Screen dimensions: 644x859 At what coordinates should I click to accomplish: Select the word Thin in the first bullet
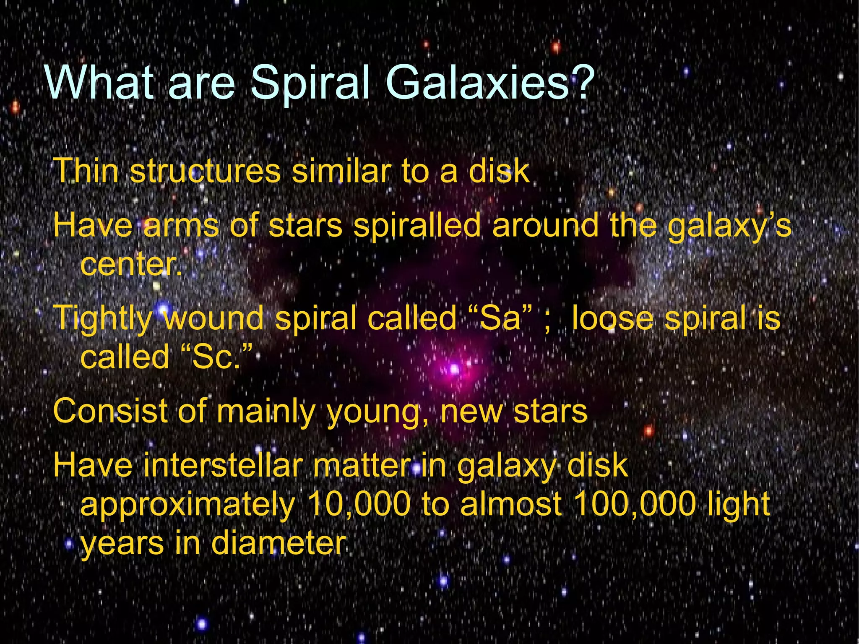click(x=86, y=171)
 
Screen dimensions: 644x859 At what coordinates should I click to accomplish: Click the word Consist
click(x=110, y=411)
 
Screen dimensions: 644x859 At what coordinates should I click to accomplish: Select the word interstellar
click(x=223, y=465)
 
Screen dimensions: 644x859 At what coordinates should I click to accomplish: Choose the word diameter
click(x=279, y=543)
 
